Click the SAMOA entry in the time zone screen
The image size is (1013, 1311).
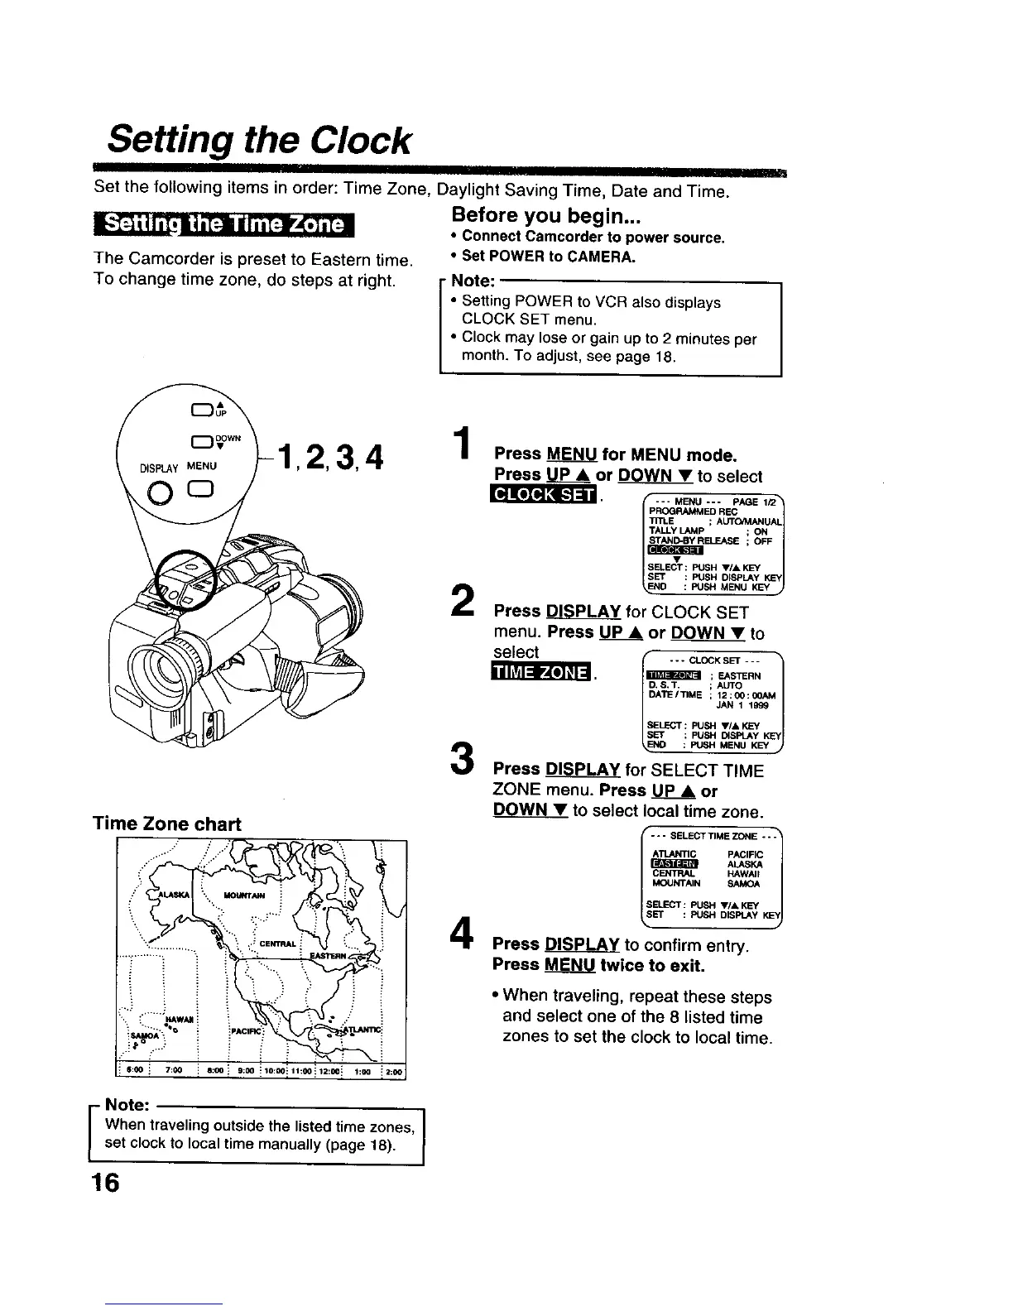coord(739,884)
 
